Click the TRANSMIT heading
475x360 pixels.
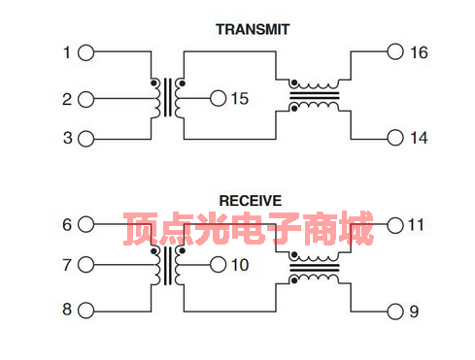(252, 29)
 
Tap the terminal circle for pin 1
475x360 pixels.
(85, 52)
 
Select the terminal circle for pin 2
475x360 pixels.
(85, 98)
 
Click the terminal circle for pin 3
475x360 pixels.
(85, 138)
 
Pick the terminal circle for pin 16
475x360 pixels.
(394, 52)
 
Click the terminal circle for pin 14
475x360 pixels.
(394, 138)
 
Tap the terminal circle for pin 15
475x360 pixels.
(218, 98)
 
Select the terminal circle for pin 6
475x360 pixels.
(85, 224)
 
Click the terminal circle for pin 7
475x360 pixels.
(85, 265)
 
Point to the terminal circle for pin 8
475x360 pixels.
(85, 311)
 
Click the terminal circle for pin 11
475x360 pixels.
(394, 225)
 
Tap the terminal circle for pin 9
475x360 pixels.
(394, 311)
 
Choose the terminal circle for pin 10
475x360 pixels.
(218, 265)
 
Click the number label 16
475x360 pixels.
(418, 52)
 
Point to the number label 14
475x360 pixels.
(418, 138)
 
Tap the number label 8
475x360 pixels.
(67, 311)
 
